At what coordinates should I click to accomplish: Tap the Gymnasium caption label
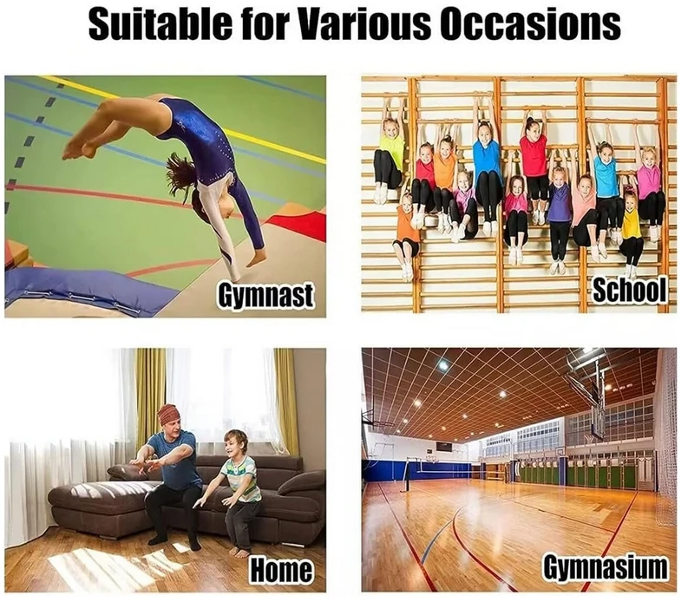(x=606, y=568)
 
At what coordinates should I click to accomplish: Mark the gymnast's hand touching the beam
(x=254, y=258)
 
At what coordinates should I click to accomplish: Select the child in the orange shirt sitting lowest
(x=407, y=225)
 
